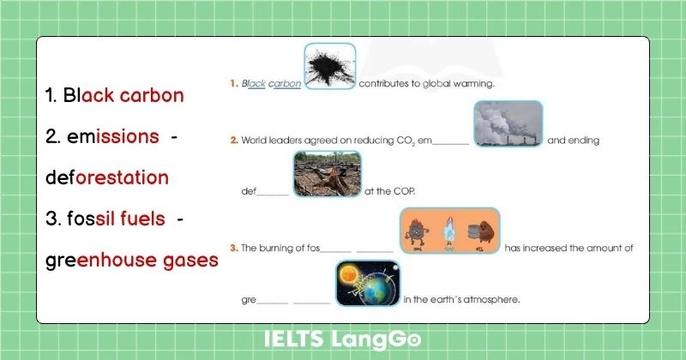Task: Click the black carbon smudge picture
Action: click(330, 67)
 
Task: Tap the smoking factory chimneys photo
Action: click(508, 124)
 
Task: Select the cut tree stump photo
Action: click(327, 175)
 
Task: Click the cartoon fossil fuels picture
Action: click(450, 231)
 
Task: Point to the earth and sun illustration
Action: click(366, 283)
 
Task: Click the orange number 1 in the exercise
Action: click(233, 84)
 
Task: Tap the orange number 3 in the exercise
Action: click(233, 248)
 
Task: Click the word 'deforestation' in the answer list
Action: click(107, 177)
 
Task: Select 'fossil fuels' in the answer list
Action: click(116, 219)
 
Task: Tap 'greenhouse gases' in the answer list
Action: click(132, 260)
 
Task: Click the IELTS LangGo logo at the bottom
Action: click(342, 340)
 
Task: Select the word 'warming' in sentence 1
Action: click(476, 84)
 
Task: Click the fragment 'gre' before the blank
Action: click(249, 300)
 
